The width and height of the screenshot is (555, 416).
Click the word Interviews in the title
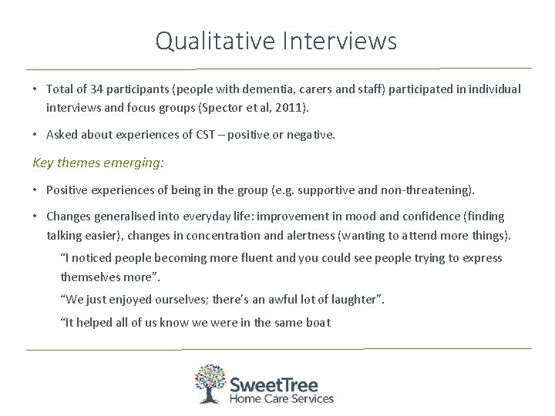339,40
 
